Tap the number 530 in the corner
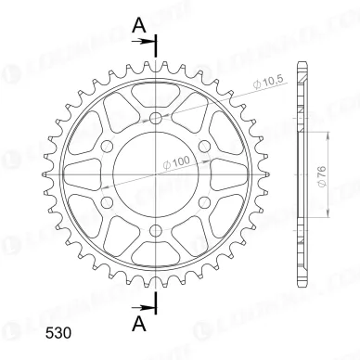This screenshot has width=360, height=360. click(x=29, y=331)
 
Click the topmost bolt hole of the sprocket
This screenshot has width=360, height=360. click(x=156, y=119)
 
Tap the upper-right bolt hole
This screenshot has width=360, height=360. click(x=203, y=146)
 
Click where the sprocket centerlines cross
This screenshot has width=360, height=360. click(x=156, y=173)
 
